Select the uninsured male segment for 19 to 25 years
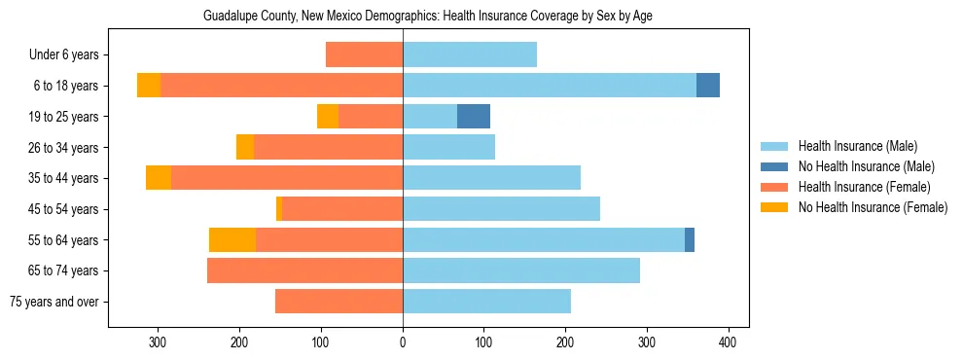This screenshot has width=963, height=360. (x=474, y=117)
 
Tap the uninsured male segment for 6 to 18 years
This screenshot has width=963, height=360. (x=708, y=86)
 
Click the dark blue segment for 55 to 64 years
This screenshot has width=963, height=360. (x=690, y=240)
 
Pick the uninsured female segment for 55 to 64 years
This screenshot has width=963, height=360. (x=232, y=240)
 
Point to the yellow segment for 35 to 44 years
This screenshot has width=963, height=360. (x=159, y=178)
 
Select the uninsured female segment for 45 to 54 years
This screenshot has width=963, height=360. (x=279, y=209)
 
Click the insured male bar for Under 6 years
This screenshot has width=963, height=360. (x=470, y=54)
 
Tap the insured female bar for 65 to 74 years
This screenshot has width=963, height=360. (x=304, y=270)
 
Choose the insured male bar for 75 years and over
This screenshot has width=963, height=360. (x=486, y=302)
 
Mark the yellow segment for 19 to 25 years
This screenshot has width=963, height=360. (x=328, y=117)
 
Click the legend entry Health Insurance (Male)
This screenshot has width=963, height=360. (x=857, y=146)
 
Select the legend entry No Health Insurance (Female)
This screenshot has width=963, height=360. (x=873, y=207)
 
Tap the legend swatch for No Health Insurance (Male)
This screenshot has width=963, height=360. (x=775, y=166)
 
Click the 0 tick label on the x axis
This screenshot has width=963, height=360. (x=403, y=342)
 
